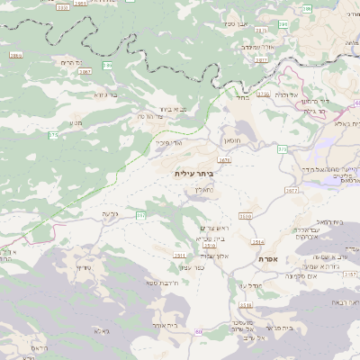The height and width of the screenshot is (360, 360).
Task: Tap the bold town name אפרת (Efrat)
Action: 268,259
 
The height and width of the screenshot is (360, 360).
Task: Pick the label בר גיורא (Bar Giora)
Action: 106,94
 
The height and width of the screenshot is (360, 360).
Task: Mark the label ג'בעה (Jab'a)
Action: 111,213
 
